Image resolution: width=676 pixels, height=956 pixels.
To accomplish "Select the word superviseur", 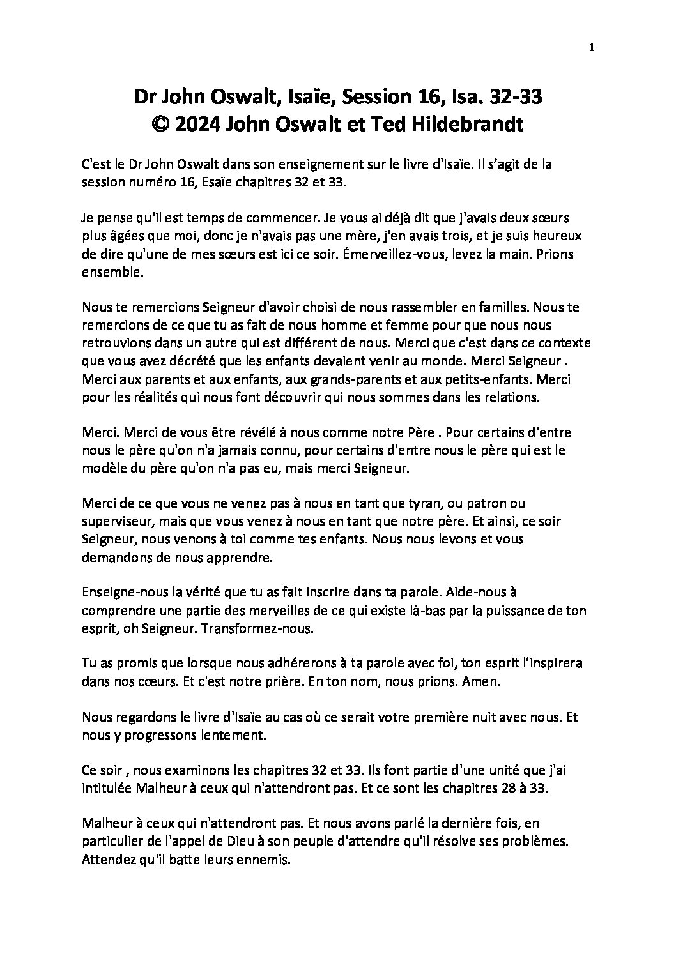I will pos(116,522).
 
